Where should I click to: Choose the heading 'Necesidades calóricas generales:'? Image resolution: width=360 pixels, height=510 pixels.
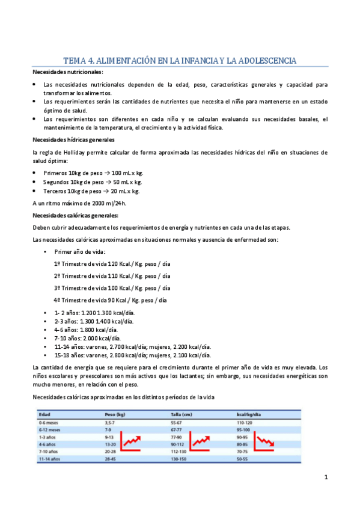[75, 215]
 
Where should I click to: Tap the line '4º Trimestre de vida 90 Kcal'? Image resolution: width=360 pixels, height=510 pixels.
[110, 300]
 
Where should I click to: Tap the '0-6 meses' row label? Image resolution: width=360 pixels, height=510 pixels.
[50, 423]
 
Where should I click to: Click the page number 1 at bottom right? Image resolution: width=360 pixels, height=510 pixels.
[325, 478]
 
